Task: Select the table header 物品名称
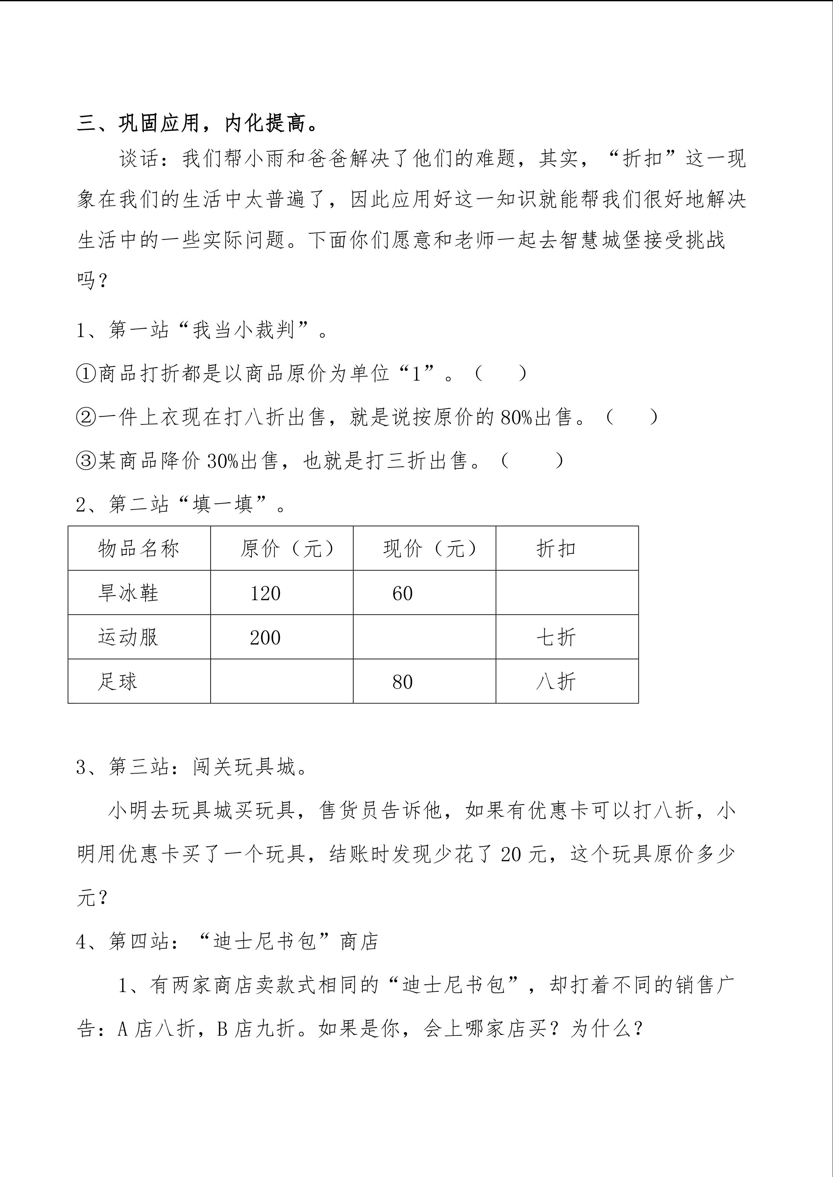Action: point(139,548)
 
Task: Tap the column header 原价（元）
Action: point(287,548)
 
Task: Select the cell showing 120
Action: point(265,594)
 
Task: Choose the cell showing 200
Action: point(265,638)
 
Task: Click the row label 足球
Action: point(118,682)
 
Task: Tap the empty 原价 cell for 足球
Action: point(282,681)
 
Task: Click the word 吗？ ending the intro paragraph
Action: point(92,280)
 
